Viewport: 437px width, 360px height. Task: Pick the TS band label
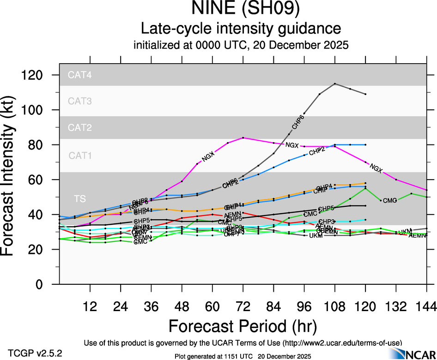coord(79,198)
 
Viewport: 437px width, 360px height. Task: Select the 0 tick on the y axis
coord(48,284)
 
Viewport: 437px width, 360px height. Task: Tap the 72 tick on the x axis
coord(243,306)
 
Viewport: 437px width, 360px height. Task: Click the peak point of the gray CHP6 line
coord(335,84)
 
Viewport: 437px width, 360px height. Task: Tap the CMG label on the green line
coord(390,200)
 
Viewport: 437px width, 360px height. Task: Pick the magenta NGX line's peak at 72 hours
coord(243,138)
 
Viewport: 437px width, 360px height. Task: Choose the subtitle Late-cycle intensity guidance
coord(241,29)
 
